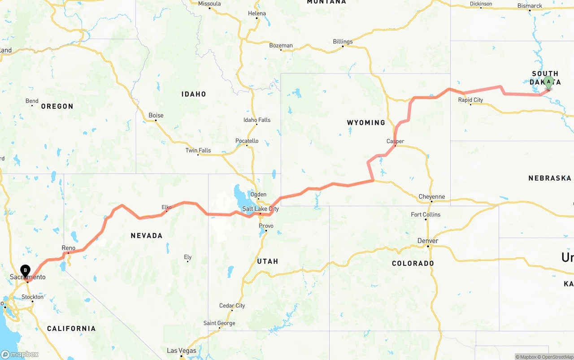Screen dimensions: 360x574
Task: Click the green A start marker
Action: [548, 82]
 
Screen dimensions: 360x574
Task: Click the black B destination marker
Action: [26, 270]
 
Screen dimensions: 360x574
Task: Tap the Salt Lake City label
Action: [261, 209]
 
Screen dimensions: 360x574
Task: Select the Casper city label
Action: [395, 141]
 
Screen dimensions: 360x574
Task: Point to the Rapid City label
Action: [470, 100]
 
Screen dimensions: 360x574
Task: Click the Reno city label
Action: [69, 248]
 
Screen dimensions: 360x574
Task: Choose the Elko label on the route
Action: [166, 207]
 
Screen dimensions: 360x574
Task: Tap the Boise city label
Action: [156, 115]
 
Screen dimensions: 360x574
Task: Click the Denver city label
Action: [427, 241]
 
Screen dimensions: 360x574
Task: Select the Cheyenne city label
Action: [431, 196]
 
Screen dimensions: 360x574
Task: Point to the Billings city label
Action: [343, 42]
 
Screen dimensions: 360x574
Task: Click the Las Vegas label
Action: [181, 351]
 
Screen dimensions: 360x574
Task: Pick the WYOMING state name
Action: [366, 122]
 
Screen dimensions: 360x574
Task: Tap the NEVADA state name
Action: [146, 235]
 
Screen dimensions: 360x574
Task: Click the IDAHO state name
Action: [194, 94]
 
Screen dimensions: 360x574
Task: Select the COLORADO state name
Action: [413, 263]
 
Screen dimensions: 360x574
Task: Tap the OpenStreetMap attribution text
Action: [557, 357]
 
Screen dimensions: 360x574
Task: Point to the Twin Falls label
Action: [198, 150]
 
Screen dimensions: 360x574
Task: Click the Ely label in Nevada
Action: [188, 257]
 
